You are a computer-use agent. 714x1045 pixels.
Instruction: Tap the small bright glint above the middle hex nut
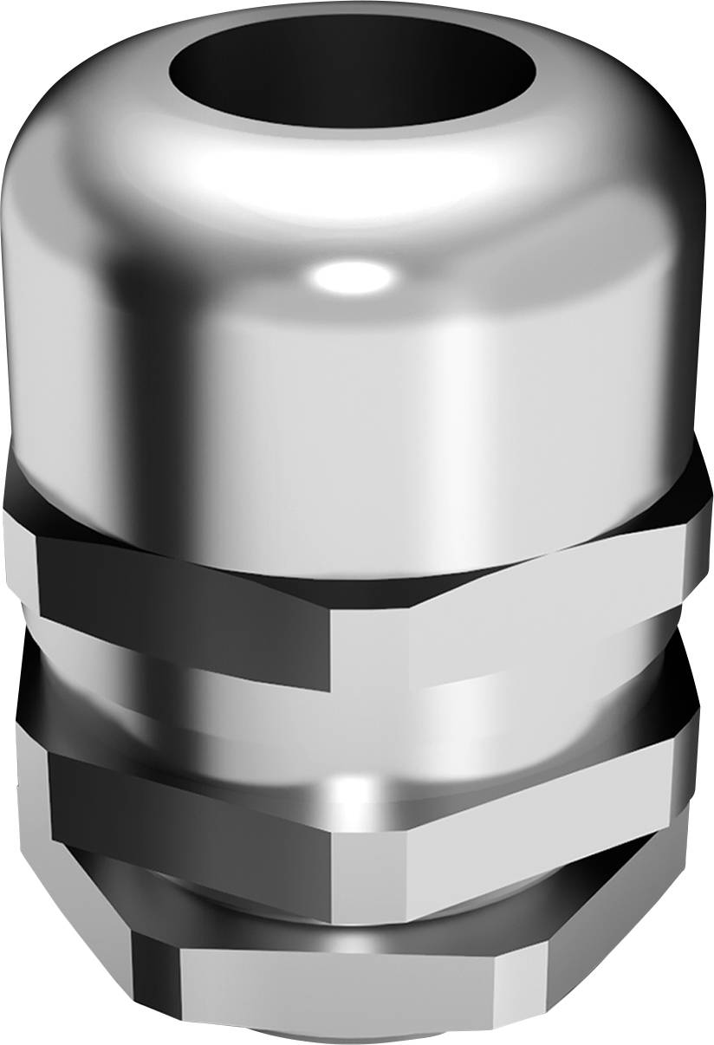[x=347, y=789]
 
